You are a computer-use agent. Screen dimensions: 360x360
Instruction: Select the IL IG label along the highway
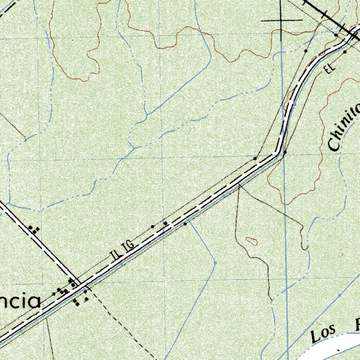tap(122, 250)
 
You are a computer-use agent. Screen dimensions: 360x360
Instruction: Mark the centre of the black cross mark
tap(282, 20)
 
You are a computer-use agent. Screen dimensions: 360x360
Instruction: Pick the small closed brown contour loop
tap(251, 241)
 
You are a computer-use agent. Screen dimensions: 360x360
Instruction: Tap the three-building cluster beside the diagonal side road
tap(34, 230)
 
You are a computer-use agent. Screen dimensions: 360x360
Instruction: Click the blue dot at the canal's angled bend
tap(215, 263)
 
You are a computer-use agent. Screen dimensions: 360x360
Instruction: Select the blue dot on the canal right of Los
tap(340, 295)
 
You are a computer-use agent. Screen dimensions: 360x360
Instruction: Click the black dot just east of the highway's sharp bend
tap(285, 152)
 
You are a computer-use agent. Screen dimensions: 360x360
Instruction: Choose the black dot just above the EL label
tap(345, 52)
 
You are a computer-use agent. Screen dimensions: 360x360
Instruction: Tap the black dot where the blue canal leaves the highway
tap(185, 224)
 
